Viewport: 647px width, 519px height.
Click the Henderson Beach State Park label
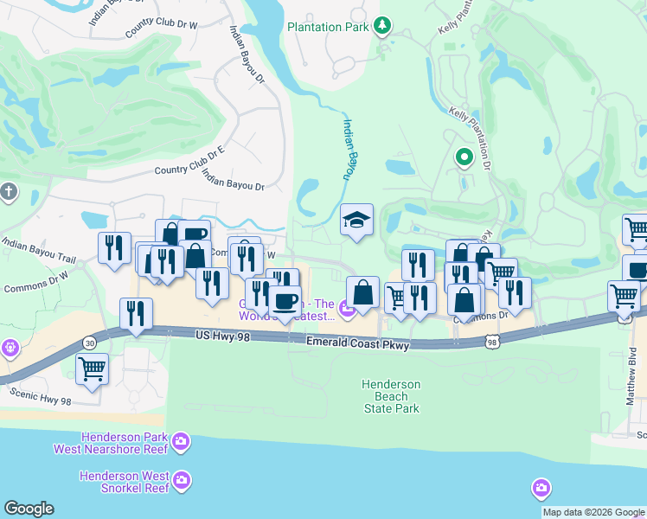point(391,396)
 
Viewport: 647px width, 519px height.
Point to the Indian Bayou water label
point(349,149)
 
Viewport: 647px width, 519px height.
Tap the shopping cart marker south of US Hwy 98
point(92,369)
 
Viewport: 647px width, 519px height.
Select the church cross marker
point(9,191)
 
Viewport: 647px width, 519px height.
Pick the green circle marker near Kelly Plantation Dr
point(464,157)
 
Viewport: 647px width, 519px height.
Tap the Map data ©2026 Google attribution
point(593,512)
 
